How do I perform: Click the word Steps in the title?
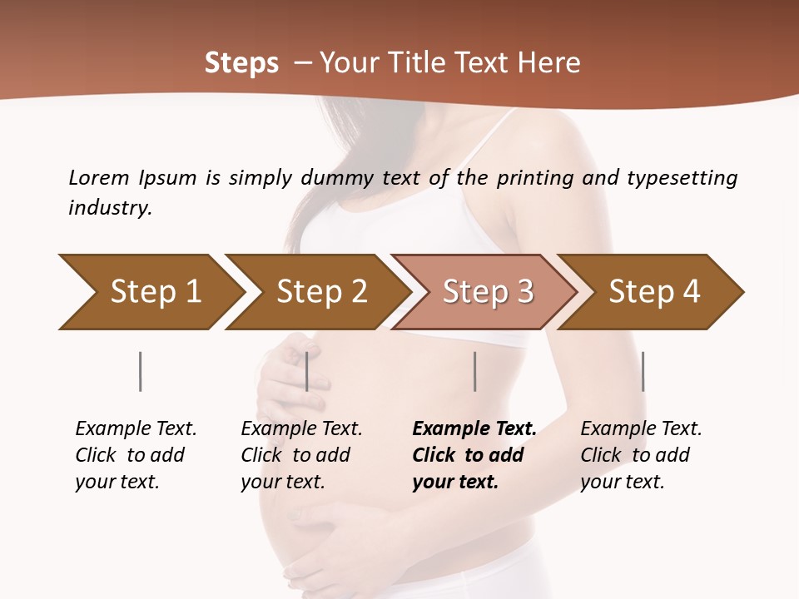(x=241, y=63)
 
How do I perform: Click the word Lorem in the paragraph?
(x=98, y=177)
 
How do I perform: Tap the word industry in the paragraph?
(x=110, y=207)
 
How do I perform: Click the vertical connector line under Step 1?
(x=141, y=371)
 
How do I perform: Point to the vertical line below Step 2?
(x=307, y=371)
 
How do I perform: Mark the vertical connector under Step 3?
(x=474, y=371)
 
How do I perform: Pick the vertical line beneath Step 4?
(x=643, y=371)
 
